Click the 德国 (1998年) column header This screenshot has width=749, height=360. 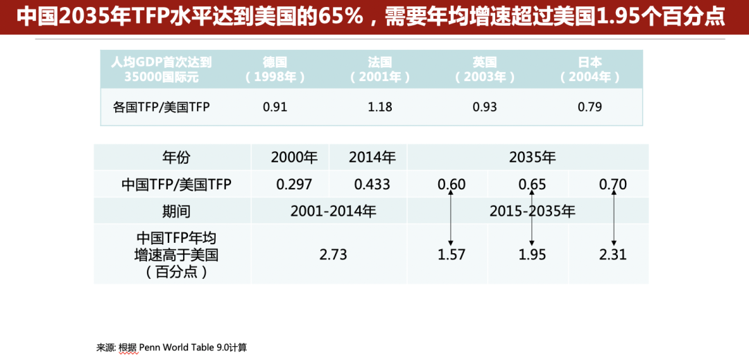(x=275, y=69)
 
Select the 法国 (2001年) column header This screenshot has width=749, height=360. (x=380, y=69)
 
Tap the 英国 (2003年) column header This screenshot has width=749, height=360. (x=485, y=69)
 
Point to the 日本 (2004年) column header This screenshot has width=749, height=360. (x=589, y=69)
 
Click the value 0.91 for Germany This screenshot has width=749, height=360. (x=275, y=107)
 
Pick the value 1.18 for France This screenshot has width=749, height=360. (x=380, y=107)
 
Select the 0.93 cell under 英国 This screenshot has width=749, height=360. (x=485, y=107)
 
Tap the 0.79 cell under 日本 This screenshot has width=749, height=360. (x=589, y=107)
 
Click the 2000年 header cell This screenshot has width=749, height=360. (x=294, y=157)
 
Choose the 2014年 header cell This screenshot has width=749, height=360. (x=372, y=157)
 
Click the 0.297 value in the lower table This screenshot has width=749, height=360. (x=294, y=185)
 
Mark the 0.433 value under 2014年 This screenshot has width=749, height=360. (x=372, y=185)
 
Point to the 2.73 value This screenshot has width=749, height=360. (x=333, y=255)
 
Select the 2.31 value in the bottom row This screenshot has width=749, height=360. (x=612, y=255)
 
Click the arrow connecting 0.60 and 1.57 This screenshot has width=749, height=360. (x=451, y=218)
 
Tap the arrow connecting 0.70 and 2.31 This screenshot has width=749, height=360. (x=613, y=218)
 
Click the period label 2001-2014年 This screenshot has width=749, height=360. (x=333, y=211)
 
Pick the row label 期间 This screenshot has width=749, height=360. (x=176, y=211)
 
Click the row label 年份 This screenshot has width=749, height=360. (x=176, y=157)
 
